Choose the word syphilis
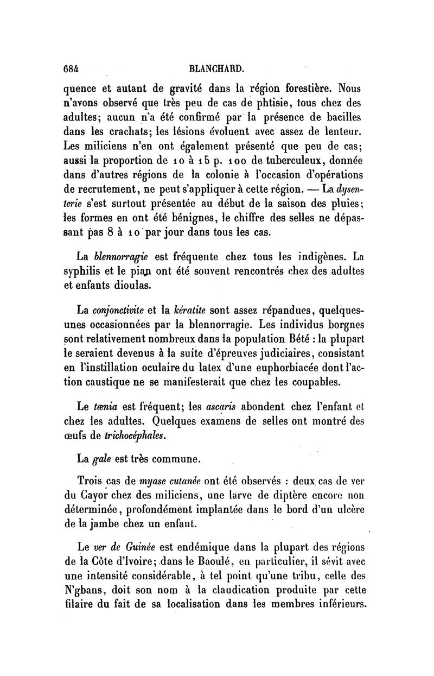pyautogui.click(x=95, y=270)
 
